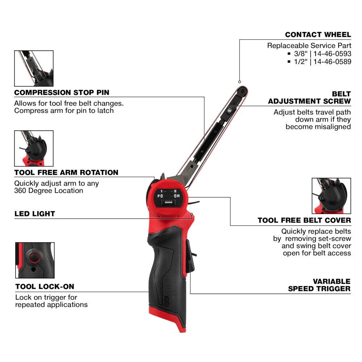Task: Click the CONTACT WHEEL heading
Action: pyautogui.click(x=318, y=35)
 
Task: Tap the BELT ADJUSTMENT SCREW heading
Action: pyautogui.click(x=310, y=97)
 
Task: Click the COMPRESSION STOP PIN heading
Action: pyautogui.click(x=62, y=92)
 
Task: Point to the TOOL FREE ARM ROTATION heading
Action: pyautogui.click(x=66, y=172)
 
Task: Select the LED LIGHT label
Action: pyautogui.click(x=35, y=214)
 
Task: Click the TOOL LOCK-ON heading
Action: pyautogui.click(x=45, y=287)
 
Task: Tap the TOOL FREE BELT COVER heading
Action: pyautogui.click(x=304, y=220)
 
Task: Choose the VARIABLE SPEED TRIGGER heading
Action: pyautogui.click(x=319, y=285)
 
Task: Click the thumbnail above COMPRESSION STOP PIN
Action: pyautogui.click(x=34, y=68)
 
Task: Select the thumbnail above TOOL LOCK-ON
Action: pyautogui.click(x=35, y=260)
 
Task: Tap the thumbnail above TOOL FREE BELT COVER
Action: pyautogui.click(x=331, y=195)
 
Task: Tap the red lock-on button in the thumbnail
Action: pyautogui.click(x=34, y=257)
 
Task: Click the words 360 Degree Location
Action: pyautogui.click(x=49, y=190)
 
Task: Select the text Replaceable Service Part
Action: pyautogui.click(x=309, y=46)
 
